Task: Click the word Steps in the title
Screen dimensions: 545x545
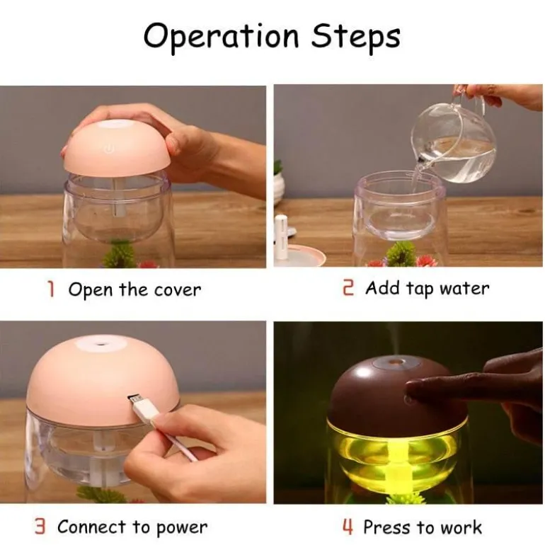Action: point(355,37)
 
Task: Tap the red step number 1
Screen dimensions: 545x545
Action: point(51,289)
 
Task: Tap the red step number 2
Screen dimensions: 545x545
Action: point(348,289)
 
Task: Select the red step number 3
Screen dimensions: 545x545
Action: point(40,527)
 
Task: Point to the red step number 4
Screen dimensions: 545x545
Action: point(348,527)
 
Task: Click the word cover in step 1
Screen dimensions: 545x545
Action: point(178,291)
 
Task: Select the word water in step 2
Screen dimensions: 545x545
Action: point(464,289)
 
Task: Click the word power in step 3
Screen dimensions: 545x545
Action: point(181,528)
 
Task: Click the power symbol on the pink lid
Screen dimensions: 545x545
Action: point(109,150)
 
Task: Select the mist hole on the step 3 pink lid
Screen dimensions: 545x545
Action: point(101,344)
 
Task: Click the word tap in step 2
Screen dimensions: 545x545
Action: point(419,289)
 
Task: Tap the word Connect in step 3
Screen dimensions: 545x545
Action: point(91,527)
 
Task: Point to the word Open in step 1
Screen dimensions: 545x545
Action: point(91,290)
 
